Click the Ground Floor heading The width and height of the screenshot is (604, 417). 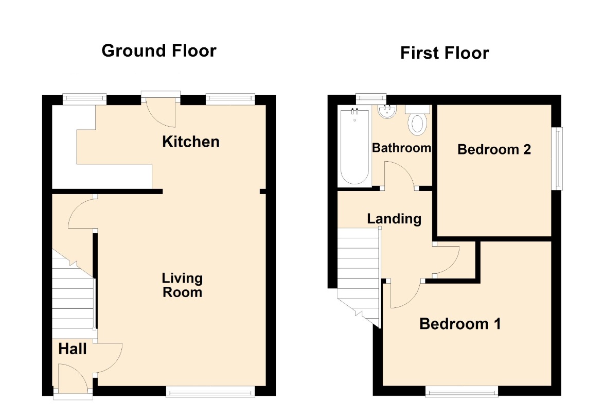coord(159,51)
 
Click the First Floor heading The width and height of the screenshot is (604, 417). coord(445,53)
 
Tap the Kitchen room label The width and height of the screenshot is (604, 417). coord(191,142)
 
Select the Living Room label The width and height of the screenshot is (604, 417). coord(182,285)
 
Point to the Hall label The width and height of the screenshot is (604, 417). coord(73,349)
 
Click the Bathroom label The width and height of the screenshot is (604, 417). coord(401,148)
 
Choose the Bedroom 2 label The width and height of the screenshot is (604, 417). coord(494,149)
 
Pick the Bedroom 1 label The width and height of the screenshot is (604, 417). coord(460,324)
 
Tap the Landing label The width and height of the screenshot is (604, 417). coord(394,219)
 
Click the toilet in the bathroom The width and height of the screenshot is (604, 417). coord(417,120)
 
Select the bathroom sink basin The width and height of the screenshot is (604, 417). coord(387,112)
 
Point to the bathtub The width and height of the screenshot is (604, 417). coord(355,147)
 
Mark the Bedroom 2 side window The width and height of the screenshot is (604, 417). coord(557,159)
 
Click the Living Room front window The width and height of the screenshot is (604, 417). coord(210,392)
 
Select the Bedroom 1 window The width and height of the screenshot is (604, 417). coord(461,392)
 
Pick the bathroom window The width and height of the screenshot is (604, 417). coord(371,98)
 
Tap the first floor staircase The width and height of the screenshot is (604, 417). coord(359,274)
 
